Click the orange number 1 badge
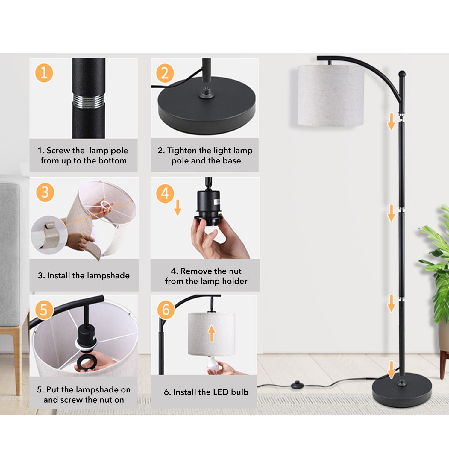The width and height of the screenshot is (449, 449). pos(44,73)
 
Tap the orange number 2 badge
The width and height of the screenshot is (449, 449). pos(165,73)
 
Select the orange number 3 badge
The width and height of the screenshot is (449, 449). pos(45,192)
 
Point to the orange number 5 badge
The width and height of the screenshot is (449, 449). pos(44,310)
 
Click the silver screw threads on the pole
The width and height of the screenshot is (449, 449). pos(89,101)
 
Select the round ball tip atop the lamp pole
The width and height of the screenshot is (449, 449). pos(402,74)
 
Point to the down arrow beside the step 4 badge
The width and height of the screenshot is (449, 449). pos(178,207)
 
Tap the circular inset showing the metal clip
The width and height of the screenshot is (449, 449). pos(49,235)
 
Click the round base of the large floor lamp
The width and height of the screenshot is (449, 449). pos(402,390)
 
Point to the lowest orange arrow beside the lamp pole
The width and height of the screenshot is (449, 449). pos(391,369)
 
